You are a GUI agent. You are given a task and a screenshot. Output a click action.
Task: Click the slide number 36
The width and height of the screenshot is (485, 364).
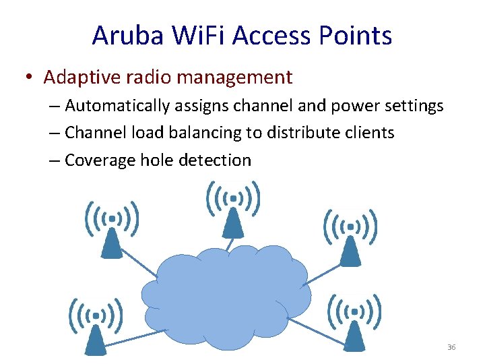point(451,347)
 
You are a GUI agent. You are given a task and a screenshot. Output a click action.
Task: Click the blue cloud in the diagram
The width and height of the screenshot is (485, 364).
point(226,297)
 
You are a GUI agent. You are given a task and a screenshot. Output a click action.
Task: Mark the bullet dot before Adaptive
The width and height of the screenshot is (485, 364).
point(30,78)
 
